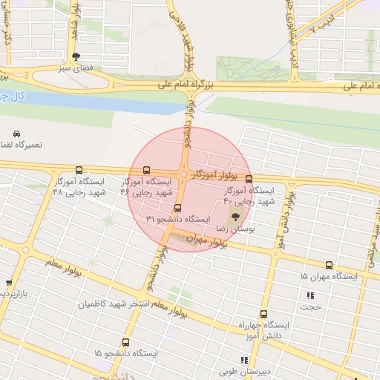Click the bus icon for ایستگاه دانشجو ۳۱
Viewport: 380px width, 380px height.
coord(177,208)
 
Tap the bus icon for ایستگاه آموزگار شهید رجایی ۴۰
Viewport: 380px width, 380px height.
coord(249,179)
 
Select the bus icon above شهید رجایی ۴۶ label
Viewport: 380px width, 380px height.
coord(145,170)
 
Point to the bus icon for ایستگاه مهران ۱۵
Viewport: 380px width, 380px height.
coord(329,265)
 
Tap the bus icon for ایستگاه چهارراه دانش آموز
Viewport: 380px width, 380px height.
coord(264,314)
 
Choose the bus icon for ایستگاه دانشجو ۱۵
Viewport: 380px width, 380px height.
coord(125,343)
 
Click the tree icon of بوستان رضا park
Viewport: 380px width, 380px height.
coord(236,217)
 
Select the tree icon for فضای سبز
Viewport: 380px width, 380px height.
coord(76,56)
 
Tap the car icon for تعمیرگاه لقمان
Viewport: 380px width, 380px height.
coord(16,134)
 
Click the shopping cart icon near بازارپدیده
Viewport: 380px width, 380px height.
coord(9,284)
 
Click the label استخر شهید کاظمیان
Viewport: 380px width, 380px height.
coord(114,304)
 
